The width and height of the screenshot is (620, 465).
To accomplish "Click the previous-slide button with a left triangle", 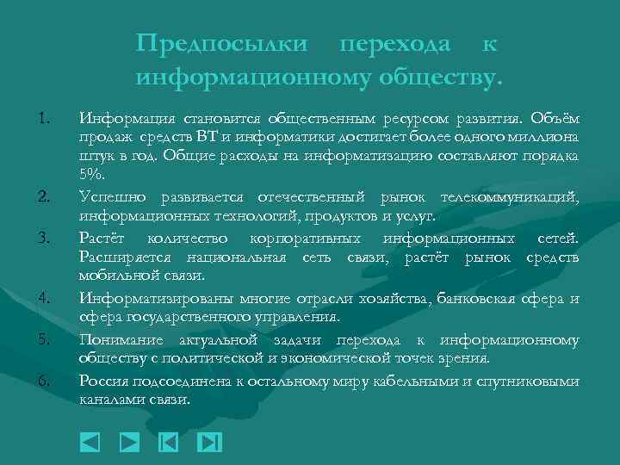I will tap(90, 443).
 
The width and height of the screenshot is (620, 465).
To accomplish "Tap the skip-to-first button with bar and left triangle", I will tap(169, 443).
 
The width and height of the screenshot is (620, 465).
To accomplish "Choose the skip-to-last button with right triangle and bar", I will tap(209, 443).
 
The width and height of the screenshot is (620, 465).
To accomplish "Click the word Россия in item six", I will tap(102, 381).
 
